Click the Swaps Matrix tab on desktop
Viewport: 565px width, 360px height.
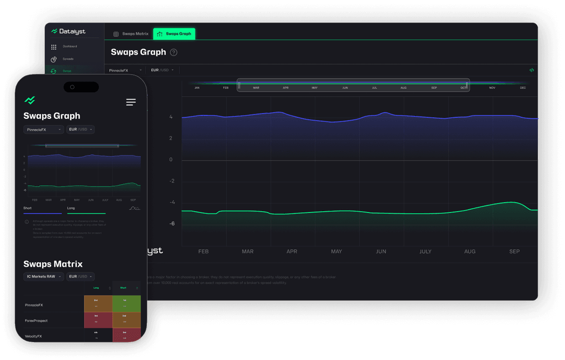click(131, 34)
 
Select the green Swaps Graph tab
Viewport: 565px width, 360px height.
click(174, 34)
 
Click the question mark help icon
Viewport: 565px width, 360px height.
click(174, 52)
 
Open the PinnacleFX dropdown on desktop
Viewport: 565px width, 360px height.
click(122, 70)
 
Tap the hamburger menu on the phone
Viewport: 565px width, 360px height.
click(131, 102)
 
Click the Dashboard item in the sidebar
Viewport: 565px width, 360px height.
click(69, 47)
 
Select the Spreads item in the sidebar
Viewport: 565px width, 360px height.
click(68, 59)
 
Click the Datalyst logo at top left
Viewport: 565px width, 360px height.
click(69, 32)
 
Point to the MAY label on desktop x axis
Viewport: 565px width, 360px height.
click(336, 252)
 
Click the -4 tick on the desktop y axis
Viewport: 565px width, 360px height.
click(172, 202)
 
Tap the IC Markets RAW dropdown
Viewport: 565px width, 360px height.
click(43, 277)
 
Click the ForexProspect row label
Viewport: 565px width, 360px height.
click(36, 320)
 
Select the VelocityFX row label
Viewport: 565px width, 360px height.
click(33, 336)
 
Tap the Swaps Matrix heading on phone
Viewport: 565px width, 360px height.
click(53, 264)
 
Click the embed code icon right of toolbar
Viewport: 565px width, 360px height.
click(532, 70)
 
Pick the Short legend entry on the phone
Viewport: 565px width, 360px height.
click(28, 208)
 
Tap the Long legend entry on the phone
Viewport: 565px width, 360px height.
click(71, 208)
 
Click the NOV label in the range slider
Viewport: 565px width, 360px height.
click(492, 88)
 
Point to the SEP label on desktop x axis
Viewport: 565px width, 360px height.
click(514, 252)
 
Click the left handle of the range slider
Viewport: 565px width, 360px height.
click(239, 85)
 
